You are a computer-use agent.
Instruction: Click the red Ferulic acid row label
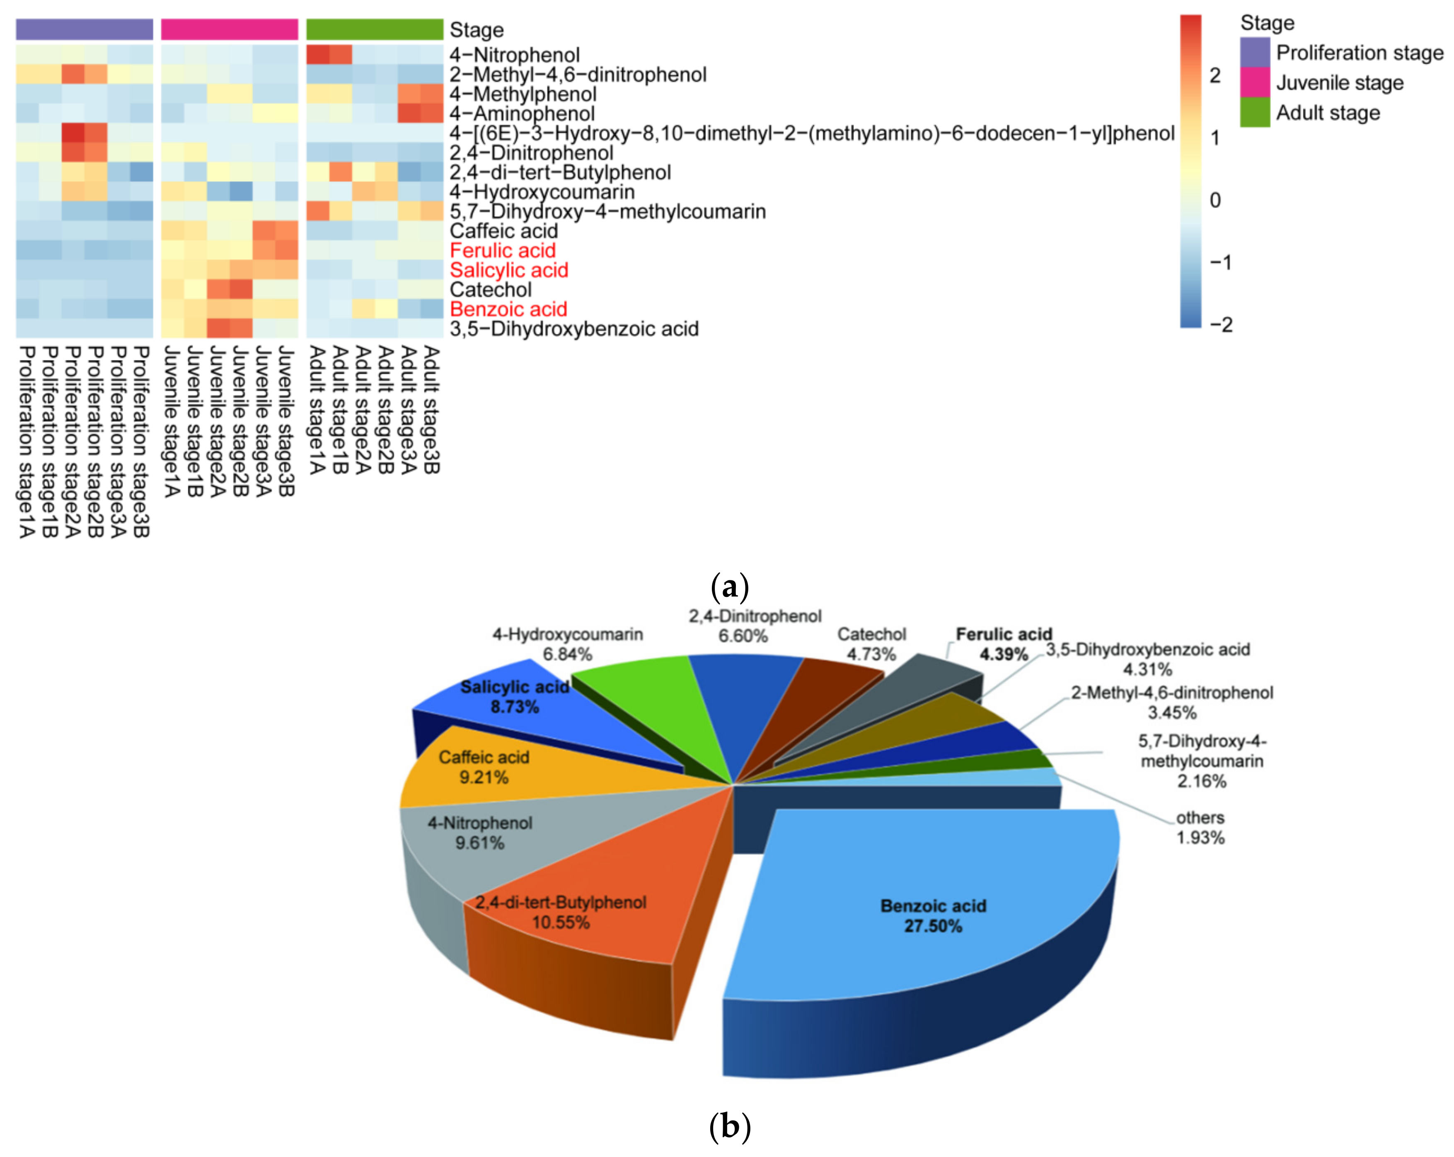click(503, 251)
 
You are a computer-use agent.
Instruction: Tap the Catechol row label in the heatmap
click(490, 290)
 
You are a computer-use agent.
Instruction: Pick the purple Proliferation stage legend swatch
click(1254, 53)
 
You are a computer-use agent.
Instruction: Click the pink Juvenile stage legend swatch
click(1254, 82)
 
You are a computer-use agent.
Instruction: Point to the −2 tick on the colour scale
click(1221, 325)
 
